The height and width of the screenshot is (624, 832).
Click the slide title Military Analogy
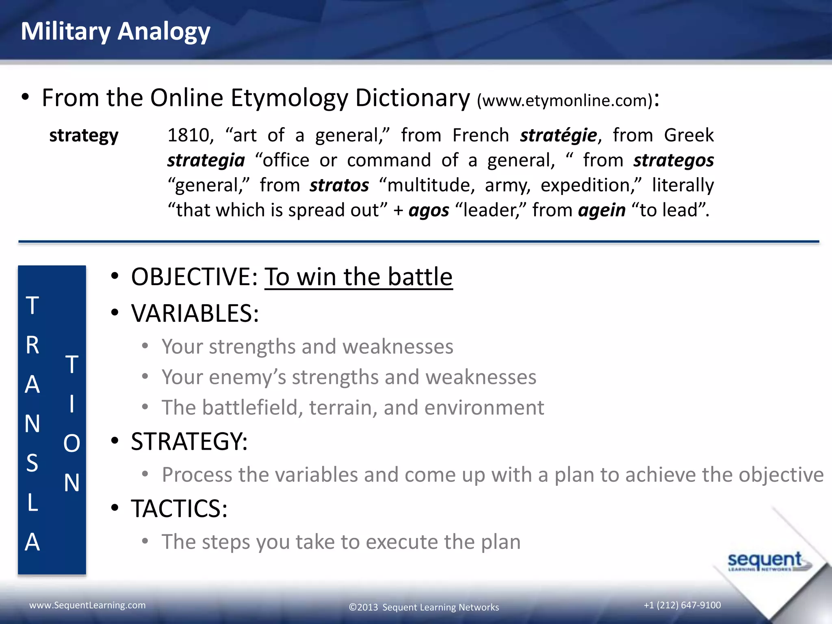(x=115, y=32)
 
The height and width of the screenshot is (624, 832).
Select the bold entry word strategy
(x=84, y=135)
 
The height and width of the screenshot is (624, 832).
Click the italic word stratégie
(x=559, y=135)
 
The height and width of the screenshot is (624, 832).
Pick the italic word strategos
(x=673, y=160)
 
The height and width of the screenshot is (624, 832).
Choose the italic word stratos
(x=339, y=185)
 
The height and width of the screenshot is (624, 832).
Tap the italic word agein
(x=602, y=210)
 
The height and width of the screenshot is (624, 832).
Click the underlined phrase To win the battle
(x=358, y=277)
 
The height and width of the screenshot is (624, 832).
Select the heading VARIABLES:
(x=195, y=314)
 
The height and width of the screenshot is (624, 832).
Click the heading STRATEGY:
(x=189, y=442)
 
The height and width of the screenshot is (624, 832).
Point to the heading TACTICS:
(x=179, y=509)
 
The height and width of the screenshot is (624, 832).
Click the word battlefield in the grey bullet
(x=252, y=407)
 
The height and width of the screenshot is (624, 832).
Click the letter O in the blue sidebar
(x=71, y=443)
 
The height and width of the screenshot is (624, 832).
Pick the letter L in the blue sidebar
(x=32, y=503)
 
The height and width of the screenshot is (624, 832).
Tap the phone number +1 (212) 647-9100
(x=682, y=605)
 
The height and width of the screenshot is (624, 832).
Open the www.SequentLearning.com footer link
(x=87, y=605)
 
